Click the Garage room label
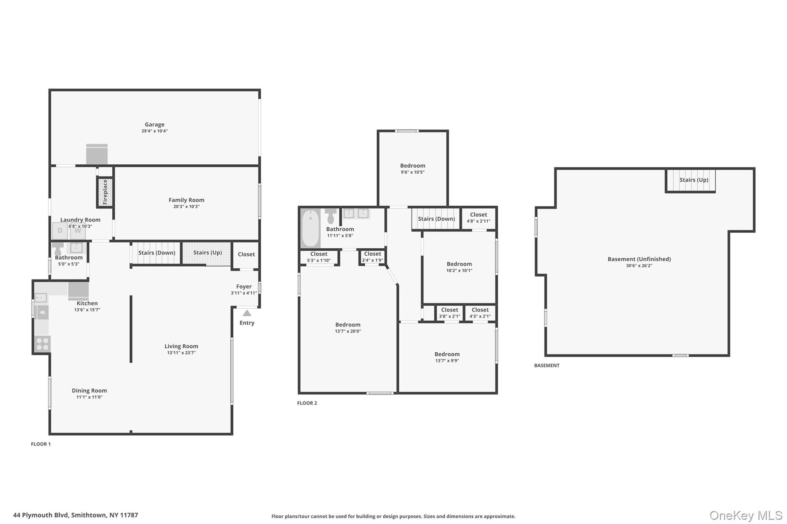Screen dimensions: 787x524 point(155,125)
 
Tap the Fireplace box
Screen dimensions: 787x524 point(105,192)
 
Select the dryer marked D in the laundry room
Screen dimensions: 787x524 point(60,231)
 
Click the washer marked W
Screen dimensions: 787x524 point(77,231)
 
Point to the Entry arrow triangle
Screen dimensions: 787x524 point(247,313)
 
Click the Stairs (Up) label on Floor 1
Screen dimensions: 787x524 point(207,252)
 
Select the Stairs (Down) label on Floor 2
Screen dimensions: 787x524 point(437,219)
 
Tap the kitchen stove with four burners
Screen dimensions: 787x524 point(42,344)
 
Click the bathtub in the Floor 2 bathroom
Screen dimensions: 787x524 point(310,228)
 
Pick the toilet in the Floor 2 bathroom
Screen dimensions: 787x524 point(330,216)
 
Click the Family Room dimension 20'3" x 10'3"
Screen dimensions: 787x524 point(187,206)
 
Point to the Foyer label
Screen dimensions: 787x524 point(244,287)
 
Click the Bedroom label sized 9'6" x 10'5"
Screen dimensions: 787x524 point(413,166)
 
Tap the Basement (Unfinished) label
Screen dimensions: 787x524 point(639,259)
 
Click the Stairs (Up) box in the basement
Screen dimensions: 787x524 point(690,180)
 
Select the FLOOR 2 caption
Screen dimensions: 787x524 point(307,403)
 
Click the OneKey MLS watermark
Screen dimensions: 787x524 point(746,515)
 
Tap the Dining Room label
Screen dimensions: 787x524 point(89,390)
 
